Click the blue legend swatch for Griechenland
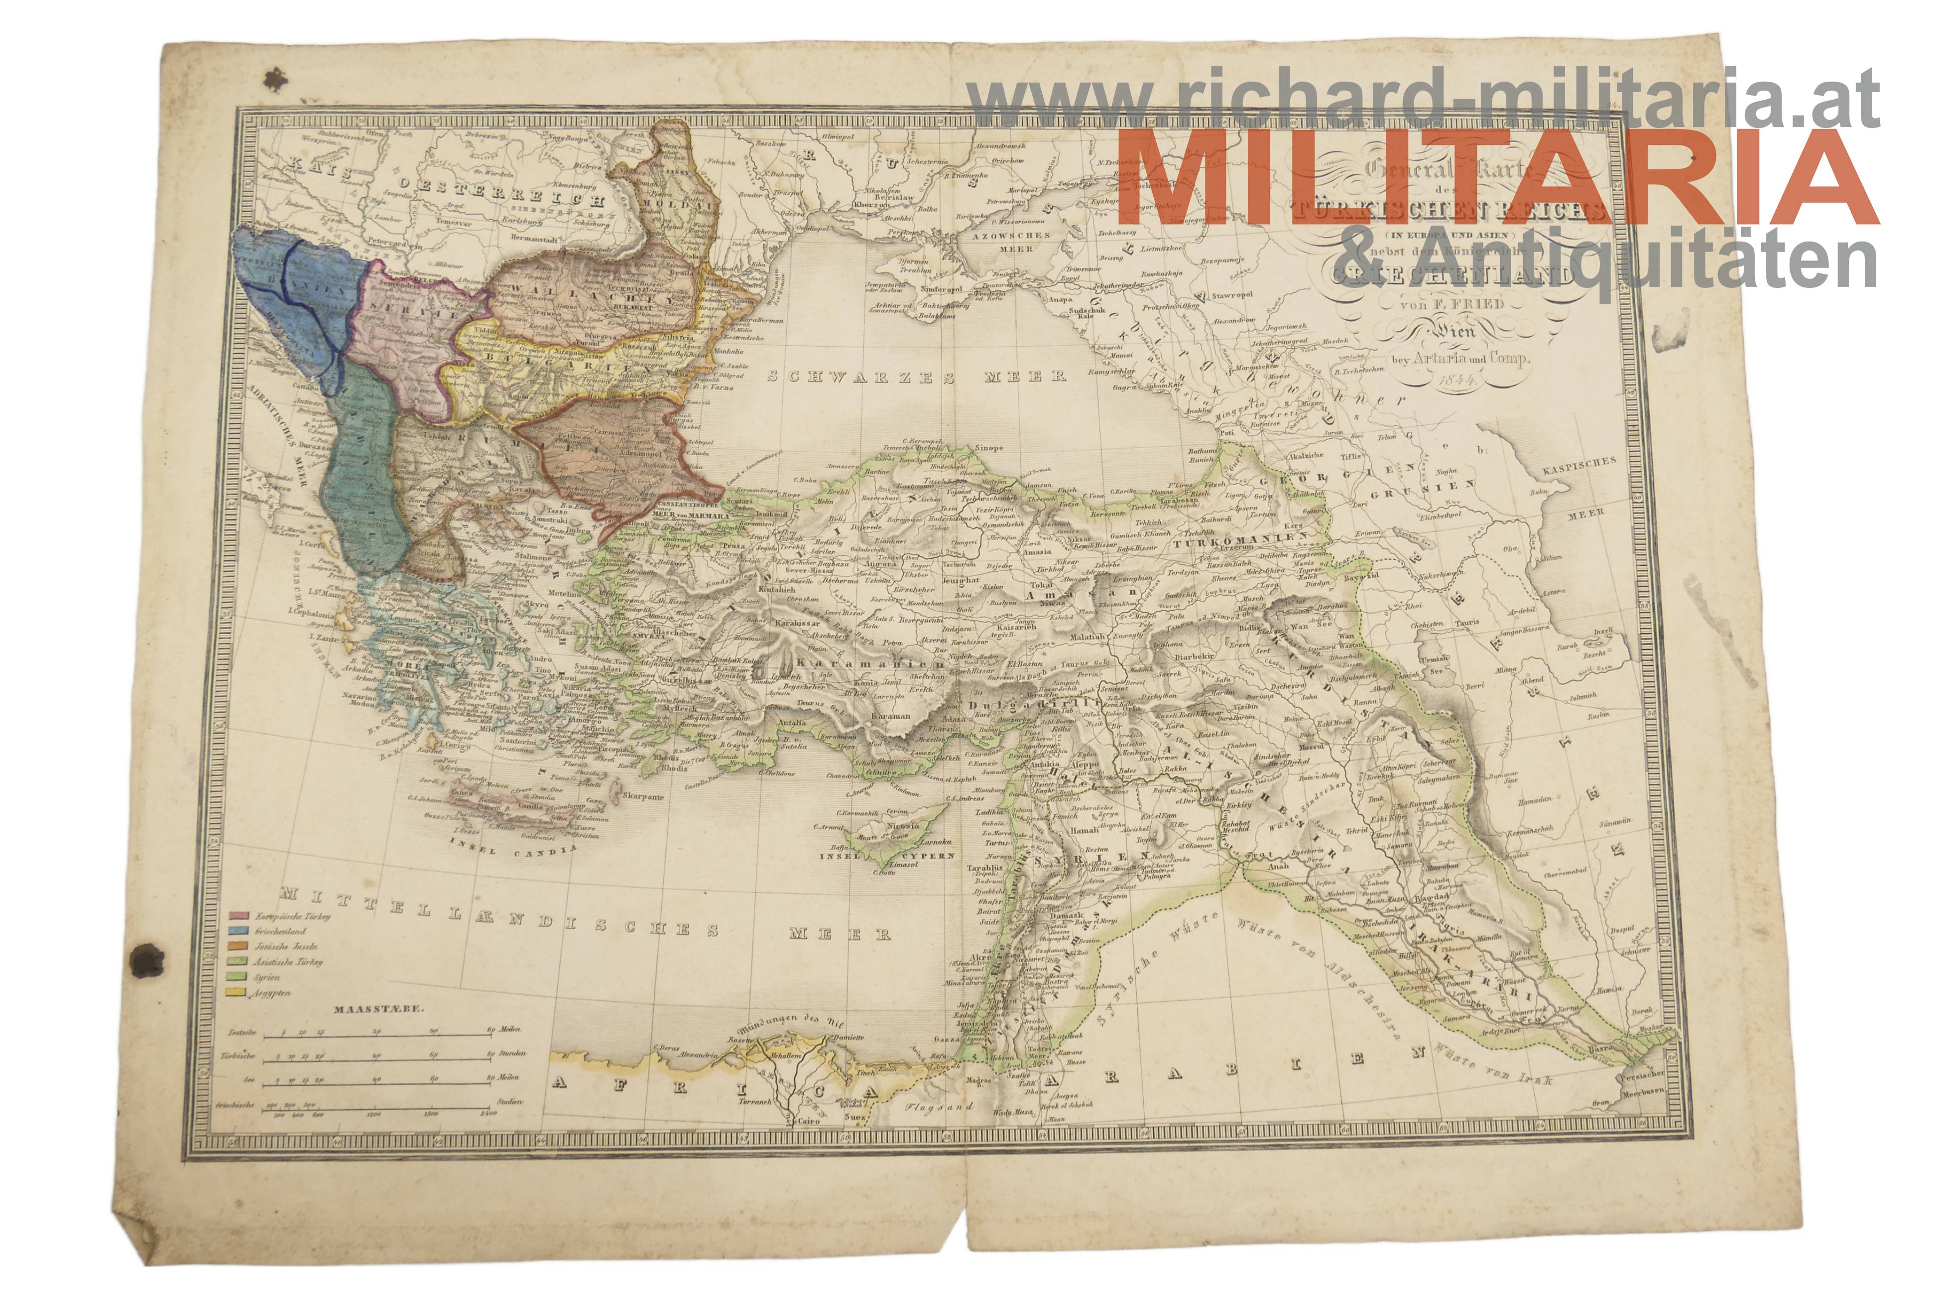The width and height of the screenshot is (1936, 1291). tap(239, 931)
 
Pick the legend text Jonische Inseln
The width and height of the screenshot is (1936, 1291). tap(286, 947)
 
